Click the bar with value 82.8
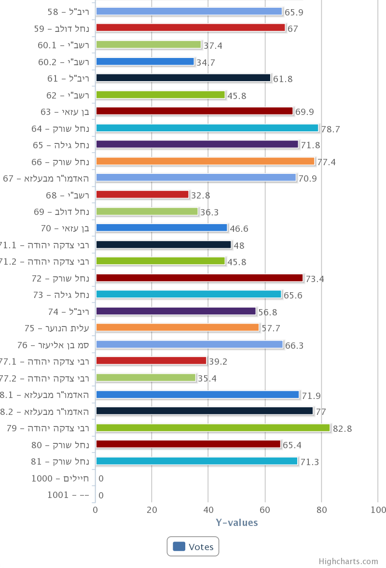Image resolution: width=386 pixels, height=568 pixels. point(213,428)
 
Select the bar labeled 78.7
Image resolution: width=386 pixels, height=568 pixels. point(207,128)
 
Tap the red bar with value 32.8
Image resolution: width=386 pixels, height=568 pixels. point(142,195)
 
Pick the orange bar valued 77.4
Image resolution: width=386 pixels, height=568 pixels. point(205,161)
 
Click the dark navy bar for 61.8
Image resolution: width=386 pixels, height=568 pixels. point(183,78)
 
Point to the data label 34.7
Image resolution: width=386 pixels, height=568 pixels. point(206,62)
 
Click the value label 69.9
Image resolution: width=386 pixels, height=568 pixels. point(304,112)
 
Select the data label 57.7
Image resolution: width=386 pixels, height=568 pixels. point(271,328)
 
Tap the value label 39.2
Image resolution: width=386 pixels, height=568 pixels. point(218,362)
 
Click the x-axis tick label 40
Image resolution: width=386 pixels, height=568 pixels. point(208,511)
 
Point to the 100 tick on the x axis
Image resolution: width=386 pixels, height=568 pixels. point(378,511)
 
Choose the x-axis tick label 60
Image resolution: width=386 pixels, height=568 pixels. point(265,511)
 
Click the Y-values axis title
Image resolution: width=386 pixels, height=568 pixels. point(236,523)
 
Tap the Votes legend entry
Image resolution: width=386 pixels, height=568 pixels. point(193,547)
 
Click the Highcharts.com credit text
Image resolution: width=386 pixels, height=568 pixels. point(348,561)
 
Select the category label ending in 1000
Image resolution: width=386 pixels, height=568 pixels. point(60,479)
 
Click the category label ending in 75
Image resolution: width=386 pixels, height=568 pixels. point(57,328)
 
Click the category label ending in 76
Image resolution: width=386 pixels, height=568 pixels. point(54,345)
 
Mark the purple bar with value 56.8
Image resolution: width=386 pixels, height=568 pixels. point(176,311)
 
